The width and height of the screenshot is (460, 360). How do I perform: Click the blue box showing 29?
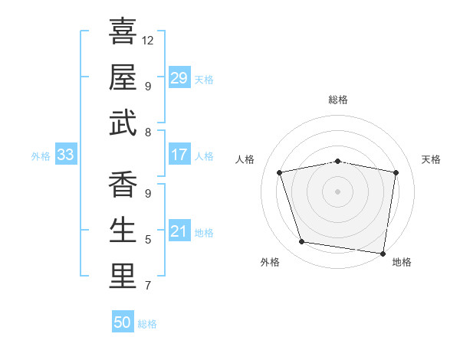point(179,78)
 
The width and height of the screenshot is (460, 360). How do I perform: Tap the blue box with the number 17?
point(179,155)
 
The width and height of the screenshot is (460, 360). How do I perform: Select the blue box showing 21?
point(179,231)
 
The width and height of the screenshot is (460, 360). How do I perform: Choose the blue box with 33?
point(65,155)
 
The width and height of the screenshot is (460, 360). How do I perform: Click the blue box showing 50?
point(123,322)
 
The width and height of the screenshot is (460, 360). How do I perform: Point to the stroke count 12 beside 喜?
point(148,40)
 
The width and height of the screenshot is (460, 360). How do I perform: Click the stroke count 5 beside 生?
point(148,240)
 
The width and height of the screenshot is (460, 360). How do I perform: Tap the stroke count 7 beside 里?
point(148,286)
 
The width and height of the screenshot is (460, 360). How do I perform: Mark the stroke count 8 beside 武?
point(148,133)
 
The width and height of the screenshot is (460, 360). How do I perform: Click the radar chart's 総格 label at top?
point(337,100)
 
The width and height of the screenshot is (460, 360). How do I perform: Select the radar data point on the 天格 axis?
point(396,172)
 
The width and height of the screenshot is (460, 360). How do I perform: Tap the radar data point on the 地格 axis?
point(383,253)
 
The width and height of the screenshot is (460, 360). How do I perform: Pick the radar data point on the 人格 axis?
point(280,172)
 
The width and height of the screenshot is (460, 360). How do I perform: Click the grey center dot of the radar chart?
point(337,191)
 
